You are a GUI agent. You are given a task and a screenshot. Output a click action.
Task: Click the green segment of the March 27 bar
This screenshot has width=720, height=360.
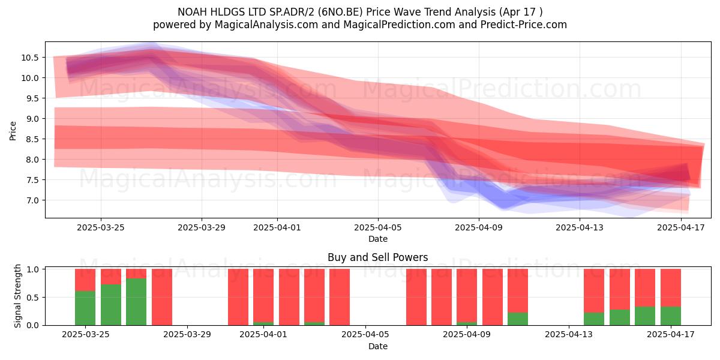[136, 301]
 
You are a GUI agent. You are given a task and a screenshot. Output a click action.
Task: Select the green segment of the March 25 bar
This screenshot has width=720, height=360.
[85, 308]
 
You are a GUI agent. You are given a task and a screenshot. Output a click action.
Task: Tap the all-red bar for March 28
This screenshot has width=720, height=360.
[161, 297]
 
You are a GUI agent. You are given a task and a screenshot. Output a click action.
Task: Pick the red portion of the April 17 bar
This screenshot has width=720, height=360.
[671, 287]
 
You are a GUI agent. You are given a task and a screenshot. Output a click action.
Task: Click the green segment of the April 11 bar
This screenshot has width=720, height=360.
[518, 319]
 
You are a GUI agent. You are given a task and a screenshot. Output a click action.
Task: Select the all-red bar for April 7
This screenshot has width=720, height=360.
[416, 297]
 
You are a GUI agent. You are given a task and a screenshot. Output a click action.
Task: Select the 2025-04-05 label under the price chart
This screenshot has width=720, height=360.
[377, 227]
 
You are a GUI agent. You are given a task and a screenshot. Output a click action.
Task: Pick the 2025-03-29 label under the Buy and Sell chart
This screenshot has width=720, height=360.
[187, 334]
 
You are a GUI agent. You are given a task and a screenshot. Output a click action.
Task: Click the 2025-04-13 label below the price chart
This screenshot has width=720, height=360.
[580, 227]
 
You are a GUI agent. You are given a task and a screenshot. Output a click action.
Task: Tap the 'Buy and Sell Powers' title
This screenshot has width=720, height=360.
[377, 257]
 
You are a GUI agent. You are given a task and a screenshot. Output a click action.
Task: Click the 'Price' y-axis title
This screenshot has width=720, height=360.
[13, 131]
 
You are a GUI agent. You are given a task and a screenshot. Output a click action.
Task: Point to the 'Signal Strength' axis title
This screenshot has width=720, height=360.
[17, 296]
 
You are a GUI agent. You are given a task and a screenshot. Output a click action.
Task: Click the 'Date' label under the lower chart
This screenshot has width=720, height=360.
[377, 346]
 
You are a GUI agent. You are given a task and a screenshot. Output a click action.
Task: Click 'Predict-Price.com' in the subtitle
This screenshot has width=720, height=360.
[524, 25]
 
